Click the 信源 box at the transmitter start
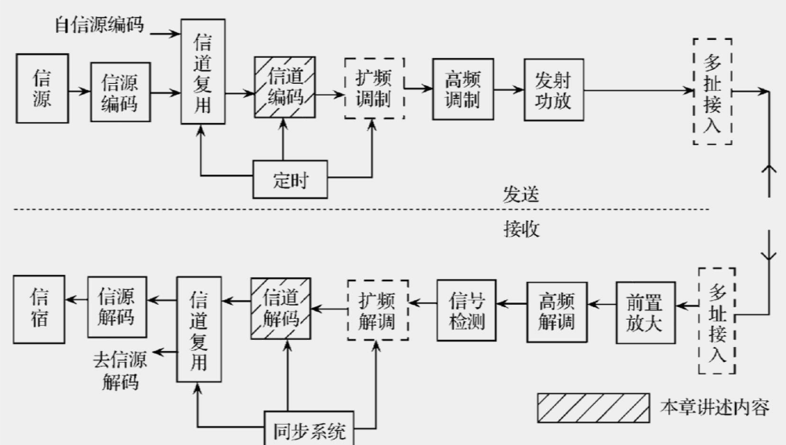[x=42, y=89]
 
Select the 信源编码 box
[x=119, y=92]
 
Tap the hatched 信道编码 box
[x=284, y=88]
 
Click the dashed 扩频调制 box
[x=375, y=89]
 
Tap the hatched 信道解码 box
[x=281, y=309]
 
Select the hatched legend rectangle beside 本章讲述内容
[x=592, y=407]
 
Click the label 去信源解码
[x=121, y=371]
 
